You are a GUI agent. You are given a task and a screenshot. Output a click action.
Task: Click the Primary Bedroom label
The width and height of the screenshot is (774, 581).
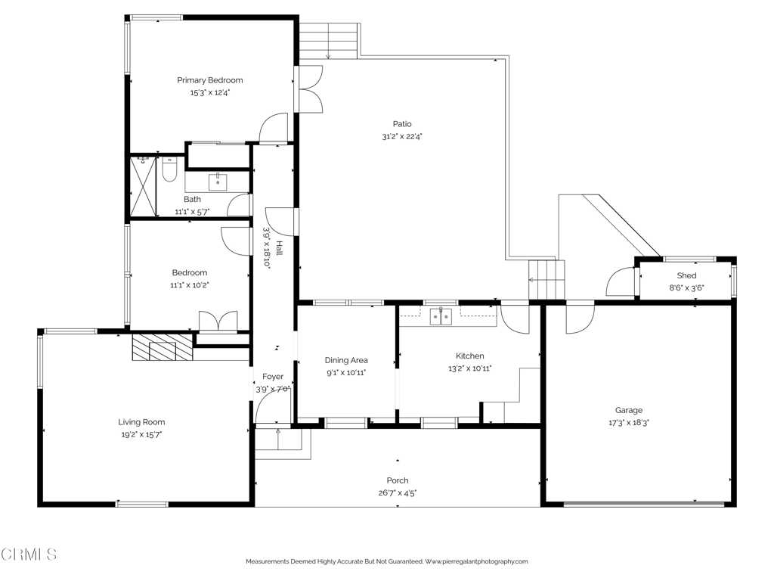click(x=210, y=80)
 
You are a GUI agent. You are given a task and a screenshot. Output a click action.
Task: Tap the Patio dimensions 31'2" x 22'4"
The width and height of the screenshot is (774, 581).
click(x=402, y=137)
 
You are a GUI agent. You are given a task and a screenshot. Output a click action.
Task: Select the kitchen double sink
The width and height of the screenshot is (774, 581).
click(x=441, y=317)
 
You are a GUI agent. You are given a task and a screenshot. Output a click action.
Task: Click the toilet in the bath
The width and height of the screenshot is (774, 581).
click(x=169, y=169)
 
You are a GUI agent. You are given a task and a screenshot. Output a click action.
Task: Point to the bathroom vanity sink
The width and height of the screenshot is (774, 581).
click(x=218, y=182)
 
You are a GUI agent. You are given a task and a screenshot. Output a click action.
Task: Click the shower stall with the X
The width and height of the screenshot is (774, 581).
click(x=143, y=186)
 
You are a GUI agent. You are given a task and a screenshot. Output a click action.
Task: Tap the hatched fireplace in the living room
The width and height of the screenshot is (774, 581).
click(x=162, y=348)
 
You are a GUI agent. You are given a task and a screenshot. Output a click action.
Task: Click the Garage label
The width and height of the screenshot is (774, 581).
click(x=629, y=410)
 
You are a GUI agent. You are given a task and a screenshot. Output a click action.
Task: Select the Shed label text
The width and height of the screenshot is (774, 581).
click(x=686, y=275)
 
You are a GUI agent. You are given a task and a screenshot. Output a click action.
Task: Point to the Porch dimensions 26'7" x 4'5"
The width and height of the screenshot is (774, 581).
click(x=398, y=492)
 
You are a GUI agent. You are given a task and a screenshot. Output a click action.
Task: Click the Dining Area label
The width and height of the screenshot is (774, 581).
click(x=346, y=360)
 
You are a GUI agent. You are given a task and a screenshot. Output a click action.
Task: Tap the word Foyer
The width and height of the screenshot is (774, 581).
click(x=272, y=377)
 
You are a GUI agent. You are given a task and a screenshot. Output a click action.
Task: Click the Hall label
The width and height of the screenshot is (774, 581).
click(x=280, y=248)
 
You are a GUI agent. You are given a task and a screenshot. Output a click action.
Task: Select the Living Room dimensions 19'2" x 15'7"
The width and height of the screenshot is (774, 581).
click(x=141, y=435)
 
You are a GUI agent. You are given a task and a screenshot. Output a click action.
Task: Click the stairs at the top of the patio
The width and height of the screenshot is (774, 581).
click(x=328, y=41)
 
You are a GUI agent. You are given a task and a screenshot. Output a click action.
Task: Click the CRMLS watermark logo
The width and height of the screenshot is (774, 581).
click(x=28, y=555)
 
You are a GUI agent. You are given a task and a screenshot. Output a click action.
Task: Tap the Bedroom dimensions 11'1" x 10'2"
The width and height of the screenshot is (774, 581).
click(x=190, y=285)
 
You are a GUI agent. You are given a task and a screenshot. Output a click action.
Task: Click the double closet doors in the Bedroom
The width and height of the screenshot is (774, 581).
click(x=218, y=321)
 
